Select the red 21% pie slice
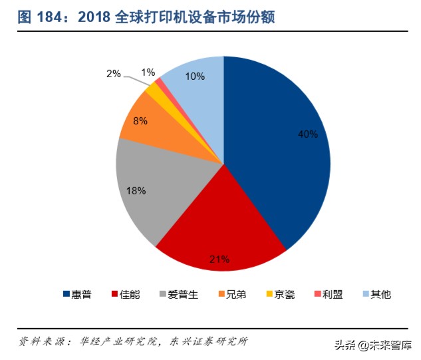pos(219,233)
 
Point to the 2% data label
pos(113,74)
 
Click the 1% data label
pos(148,72)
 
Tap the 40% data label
pos(307,134)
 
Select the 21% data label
pos(220,258)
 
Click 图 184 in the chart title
pos(42,18)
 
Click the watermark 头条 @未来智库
pos(372,345)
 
